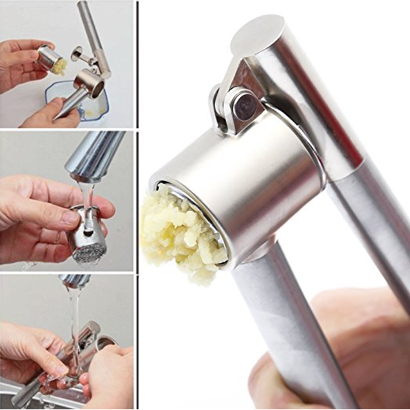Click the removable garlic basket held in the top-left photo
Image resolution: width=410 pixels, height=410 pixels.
(52, 58)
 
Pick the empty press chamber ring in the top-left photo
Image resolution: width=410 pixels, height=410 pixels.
(88, 81)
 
